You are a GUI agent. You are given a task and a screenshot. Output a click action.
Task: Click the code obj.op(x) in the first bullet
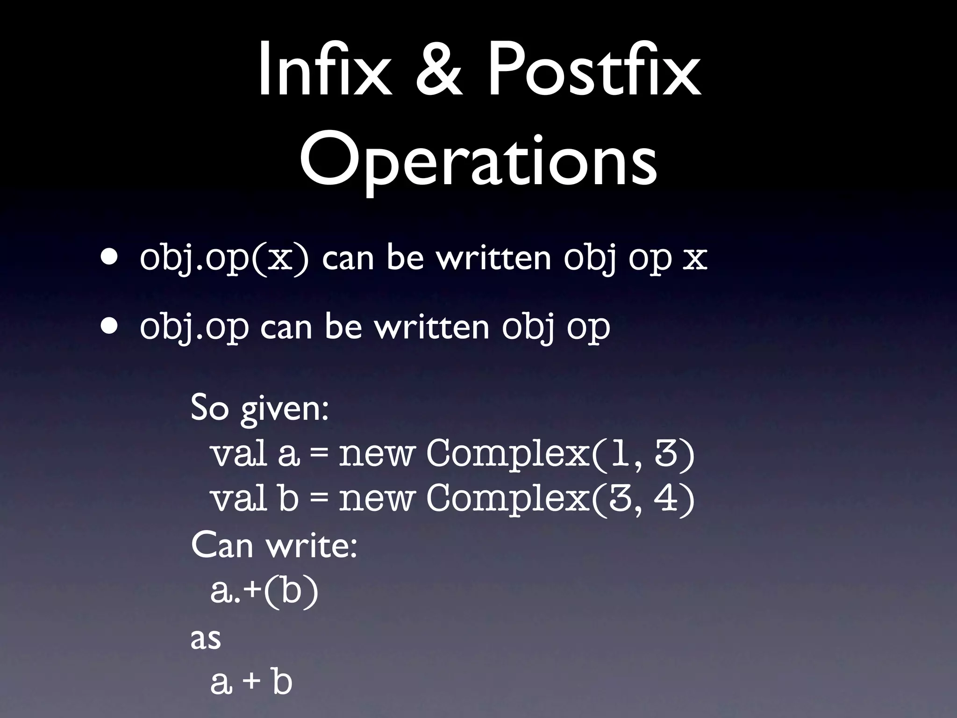[224, 258]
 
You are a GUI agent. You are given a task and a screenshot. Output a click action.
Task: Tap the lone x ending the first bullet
[695, 258]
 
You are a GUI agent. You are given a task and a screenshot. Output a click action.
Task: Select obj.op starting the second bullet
[194, 328]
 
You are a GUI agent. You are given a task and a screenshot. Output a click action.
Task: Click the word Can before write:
[222, 545]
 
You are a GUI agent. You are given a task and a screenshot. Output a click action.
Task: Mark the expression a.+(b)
[264, 591]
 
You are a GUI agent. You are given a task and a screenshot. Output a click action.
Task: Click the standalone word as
[206, 638]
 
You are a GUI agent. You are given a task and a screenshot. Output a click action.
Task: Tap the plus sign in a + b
[252, 682]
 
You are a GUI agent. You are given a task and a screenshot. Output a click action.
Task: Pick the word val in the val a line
[239, 453]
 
